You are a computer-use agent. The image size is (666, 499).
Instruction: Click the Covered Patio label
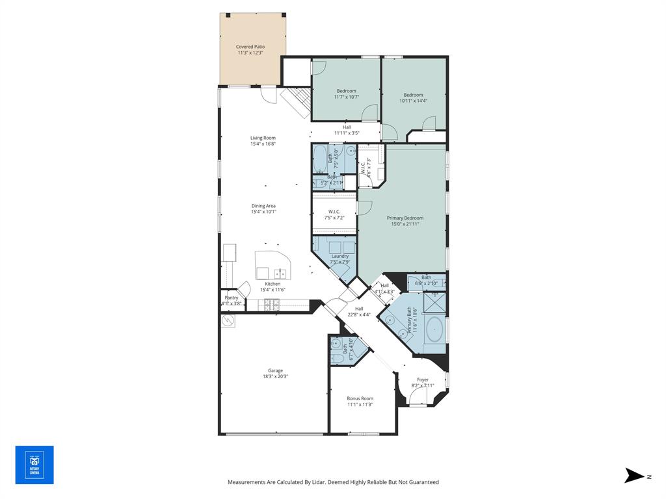(250, 47)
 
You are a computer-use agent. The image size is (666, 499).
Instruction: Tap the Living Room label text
(263, 138)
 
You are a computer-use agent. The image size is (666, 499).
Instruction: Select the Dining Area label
(263, 206)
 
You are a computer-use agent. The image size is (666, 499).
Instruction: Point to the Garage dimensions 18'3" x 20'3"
(275, 376)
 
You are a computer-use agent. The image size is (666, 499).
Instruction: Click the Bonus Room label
(360, 398)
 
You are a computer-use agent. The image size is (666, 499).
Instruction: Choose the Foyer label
(423, 379)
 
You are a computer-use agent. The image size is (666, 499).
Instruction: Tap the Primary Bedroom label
(405, 218)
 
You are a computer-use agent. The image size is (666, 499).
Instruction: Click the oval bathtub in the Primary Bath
(434, 330)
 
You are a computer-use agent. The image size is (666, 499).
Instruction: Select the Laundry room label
(340, 256)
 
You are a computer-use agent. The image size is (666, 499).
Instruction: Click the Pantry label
(232, 298)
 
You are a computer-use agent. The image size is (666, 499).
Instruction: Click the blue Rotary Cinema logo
(34, 465)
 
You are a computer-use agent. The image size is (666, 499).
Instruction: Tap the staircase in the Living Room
(296, 103)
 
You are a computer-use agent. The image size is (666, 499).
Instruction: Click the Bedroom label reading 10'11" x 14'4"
(413, 95)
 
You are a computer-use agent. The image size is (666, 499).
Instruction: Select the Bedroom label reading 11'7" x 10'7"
(347, 91)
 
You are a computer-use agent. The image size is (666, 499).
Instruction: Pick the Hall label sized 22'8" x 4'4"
(359, 309)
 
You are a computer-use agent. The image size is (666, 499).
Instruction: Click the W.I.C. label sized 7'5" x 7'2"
(334, 211)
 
